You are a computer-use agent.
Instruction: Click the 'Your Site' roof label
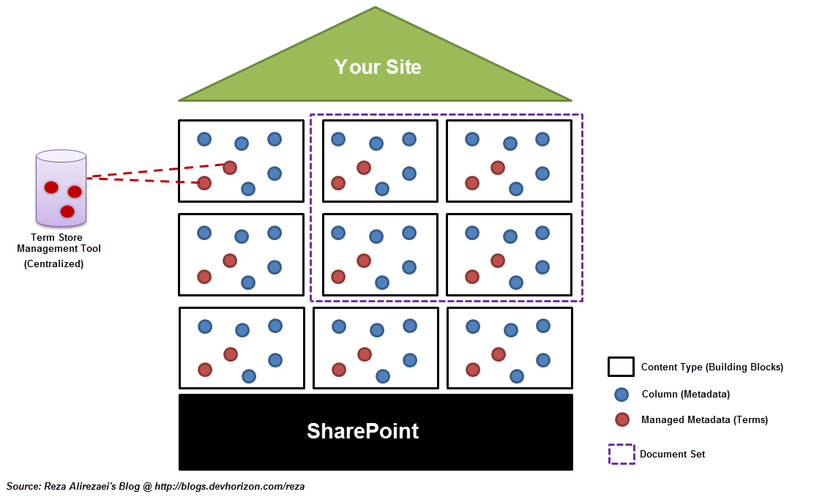378,67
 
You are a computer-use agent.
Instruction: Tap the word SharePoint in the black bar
362,431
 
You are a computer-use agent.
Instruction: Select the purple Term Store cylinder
61,188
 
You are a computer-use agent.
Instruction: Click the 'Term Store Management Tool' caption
59,243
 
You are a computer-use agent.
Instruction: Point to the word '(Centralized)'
53,264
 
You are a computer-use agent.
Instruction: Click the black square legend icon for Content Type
621,367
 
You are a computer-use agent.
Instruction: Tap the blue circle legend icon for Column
621,395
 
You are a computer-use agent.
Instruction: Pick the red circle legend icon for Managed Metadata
622,419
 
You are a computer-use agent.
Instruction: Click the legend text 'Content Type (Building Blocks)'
712,367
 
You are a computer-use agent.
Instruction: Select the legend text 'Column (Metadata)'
686,394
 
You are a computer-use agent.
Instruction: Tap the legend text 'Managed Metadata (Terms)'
704,419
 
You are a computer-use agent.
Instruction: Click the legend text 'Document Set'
673,454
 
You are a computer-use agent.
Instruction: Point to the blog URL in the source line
230,487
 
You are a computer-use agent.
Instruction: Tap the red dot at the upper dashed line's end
229,168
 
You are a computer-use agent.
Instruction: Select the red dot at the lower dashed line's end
204,183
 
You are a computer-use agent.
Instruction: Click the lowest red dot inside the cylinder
67,212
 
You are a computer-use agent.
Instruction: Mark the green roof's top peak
375,7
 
